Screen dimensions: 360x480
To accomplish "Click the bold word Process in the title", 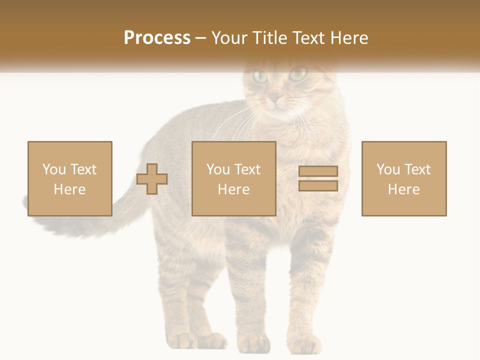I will [157, 38].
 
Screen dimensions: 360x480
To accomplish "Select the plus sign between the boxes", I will [152, 178].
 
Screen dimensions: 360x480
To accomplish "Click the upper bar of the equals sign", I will [318, 171].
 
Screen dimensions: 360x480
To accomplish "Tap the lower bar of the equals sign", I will [318, 186].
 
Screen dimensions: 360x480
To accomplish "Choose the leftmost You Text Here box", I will [70, 178].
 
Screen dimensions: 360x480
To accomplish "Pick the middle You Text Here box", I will [234, 178].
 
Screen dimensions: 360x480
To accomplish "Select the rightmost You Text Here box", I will [404, 178].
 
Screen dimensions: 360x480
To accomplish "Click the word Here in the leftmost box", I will [69, 189].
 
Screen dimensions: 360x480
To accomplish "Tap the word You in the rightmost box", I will [388, 169].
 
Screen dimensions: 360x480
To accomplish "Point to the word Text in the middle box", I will [247, 169].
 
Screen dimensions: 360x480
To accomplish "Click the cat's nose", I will [275, 99].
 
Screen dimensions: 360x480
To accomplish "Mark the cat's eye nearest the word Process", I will [260, 76].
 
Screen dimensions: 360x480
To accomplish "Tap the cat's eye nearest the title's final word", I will [298, 75].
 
